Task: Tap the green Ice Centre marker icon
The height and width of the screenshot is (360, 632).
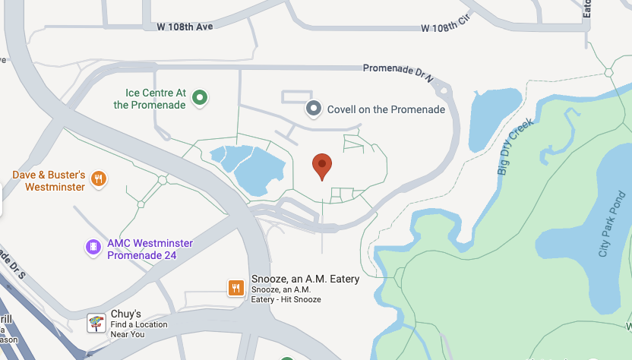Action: [x=200, y=97]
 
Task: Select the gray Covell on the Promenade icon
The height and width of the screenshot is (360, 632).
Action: [x=314, y=109]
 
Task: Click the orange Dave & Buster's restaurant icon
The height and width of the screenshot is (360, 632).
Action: [x=98, y=179]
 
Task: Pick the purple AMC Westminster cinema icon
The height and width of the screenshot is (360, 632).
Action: [x=93, y=247]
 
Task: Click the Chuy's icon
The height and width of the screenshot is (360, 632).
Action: [x=95, y=322]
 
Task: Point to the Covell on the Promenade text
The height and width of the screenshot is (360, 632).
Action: [x=386, y=109]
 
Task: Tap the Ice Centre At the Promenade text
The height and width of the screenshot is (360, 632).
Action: [x=150, y=99]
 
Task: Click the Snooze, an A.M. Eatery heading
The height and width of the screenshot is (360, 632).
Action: [x=305, y=279]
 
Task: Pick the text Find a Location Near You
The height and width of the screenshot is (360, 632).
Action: [x=137, y=329]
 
